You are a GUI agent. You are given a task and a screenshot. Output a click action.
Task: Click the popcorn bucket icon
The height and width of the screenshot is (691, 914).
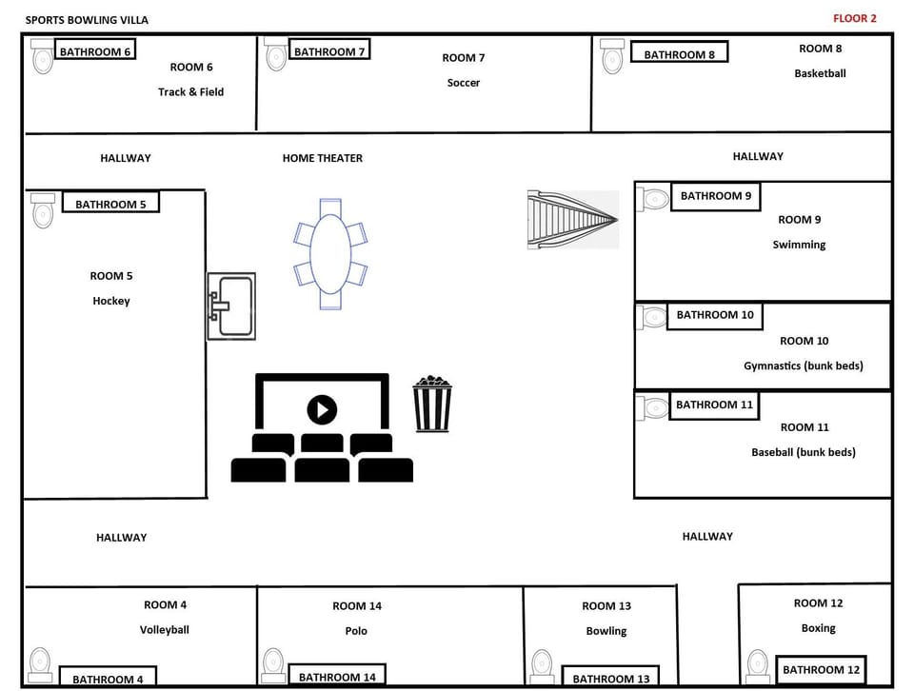(x=432, y=405)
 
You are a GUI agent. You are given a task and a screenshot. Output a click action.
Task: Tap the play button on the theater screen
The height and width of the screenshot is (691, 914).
(x=322, y=410)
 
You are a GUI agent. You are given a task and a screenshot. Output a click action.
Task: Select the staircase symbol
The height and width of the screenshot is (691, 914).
(x=573, y=220)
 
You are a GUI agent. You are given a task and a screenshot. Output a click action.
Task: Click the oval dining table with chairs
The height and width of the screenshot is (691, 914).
(x=329, y=254)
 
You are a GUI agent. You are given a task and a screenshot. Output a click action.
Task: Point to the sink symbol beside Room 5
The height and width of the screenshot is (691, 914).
(x=231, y=306)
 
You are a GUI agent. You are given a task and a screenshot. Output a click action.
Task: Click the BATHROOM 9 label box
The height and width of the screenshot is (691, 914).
(x=716, y=196)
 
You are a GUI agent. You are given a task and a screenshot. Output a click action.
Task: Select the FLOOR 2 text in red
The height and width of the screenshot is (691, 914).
(x=854, y=18)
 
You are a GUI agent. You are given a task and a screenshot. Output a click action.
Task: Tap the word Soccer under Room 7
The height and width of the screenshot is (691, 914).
(x=464, y=83)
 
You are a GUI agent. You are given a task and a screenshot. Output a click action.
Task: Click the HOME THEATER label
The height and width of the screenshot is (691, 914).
(x=322, y=158)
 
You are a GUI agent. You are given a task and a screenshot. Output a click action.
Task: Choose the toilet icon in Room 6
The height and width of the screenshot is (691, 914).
(x=42, y=57)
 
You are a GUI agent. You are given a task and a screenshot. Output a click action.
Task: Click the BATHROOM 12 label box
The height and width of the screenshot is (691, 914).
(x=821, y=670)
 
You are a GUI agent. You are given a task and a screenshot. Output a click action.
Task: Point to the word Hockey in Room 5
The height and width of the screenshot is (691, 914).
(x=111, y=301)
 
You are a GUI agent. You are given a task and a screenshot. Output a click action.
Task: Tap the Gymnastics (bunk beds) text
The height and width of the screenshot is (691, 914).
(x=803, y=365)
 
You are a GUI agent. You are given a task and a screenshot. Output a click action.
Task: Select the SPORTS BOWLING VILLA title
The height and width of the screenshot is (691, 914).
(x=87, y=20)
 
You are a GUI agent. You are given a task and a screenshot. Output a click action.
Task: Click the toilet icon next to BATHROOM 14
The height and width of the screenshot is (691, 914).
(x=273, y=665)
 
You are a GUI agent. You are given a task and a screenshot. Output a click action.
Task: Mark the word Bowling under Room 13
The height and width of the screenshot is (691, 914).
(x=606, y=631)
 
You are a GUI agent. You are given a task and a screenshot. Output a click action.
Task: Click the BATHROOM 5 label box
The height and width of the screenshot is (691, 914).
(x=110, y=204)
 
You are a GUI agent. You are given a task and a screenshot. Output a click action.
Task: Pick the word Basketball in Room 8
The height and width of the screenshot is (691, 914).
(x=820, y=73)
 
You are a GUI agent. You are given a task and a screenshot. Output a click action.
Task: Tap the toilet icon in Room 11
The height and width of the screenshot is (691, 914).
(x=654, y=408)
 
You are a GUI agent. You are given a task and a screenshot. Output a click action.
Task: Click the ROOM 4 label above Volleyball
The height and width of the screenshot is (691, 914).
(x=165, y=604)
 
